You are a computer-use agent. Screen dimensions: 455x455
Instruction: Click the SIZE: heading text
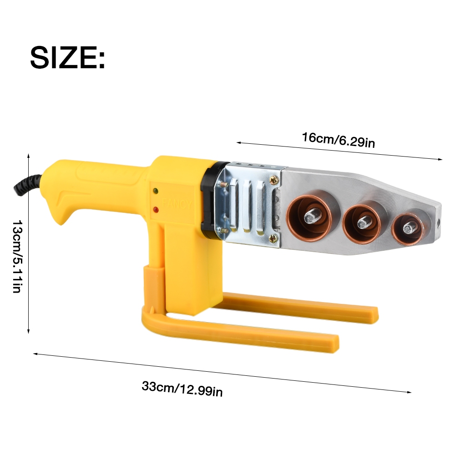[x=67, y=57]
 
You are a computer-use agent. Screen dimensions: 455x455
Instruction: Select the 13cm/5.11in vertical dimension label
[x=17, y=257]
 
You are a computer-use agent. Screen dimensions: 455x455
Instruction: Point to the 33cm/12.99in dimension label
[x=182, y=389]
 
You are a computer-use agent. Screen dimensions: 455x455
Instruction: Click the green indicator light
[x=156, y=191]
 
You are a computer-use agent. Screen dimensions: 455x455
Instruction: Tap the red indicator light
[x=156, y=209]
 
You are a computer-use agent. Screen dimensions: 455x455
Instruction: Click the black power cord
[x=26, y=186]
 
